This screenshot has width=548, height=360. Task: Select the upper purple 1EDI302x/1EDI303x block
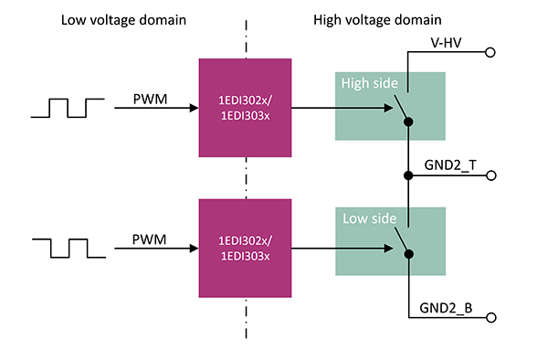point(245,108)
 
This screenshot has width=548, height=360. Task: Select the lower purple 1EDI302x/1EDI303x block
point(245,247)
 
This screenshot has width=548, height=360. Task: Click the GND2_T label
point(449,164)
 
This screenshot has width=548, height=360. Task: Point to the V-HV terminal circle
point(490,54)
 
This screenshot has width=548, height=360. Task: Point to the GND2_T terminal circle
point(490,175)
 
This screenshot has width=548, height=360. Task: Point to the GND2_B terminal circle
point(490,317)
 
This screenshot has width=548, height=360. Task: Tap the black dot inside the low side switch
point(409,254)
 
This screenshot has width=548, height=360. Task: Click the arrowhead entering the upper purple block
point(194,108)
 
